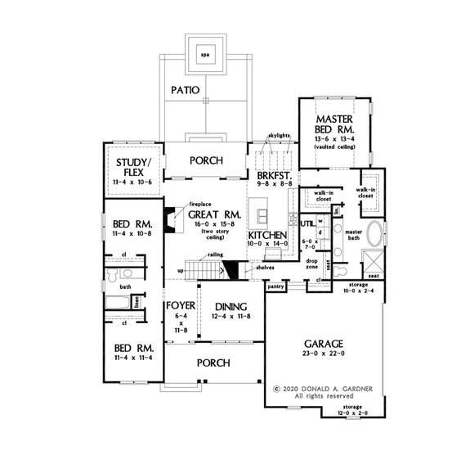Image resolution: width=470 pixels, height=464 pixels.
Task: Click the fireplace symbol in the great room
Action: tap(168, 220)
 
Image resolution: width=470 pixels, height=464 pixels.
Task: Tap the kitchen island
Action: tap(263, 216)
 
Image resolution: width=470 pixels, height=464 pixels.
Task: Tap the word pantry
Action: tap(275, 286)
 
